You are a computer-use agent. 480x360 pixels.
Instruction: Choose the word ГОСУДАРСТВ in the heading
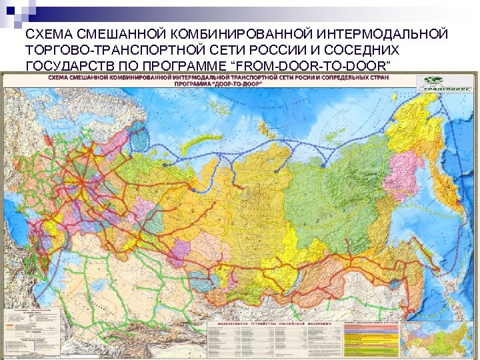[65, 65]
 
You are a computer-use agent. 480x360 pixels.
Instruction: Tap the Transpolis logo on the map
[445, 83]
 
